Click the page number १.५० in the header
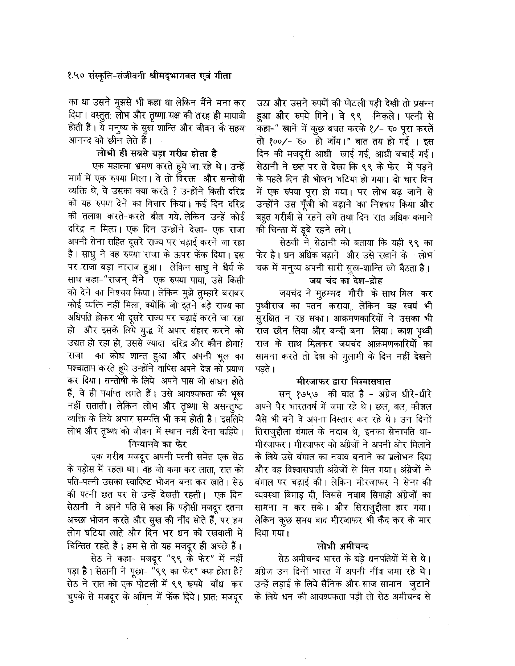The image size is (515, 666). [75, 77]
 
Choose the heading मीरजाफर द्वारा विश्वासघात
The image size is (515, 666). [343, 382]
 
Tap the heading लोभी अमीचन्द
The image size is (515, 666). [343, 545]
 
